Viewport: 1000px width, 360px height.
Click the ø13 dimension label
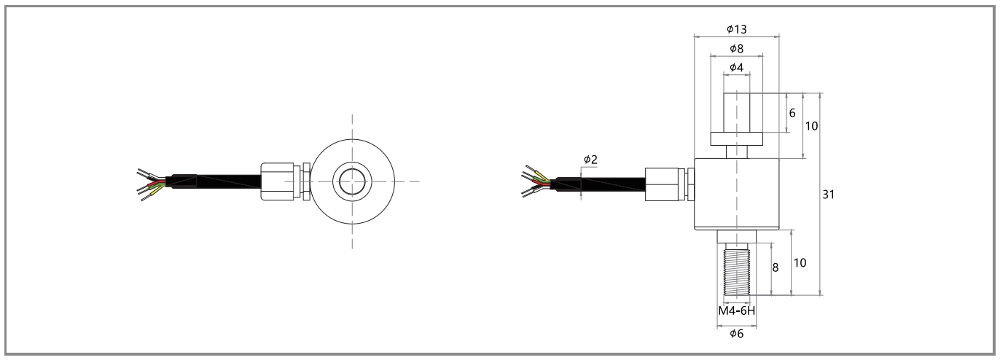pyautogui.click(x=736, y=29)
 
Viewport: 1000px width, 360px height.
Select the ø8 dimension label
pyautogui.click(x=736, y=49)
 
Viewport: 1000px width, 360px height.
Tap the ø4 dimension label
pyautogui.click(x=736, y=67)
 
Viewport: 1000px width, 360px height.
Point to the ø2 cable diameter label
pyautogui.click(x=590, y=160)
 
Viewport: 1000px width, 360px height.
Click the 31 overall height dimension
pyautogui.click(x=828, y=195)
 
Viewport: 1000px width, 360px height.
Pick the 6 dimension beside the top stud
pyautogui.click(x=792, y=113)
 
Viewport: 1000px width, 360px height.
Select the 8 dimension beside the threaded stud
pyautogui.click(x=775, y=267)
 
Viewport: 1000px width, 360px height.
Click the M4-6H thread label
pyautogui.click(x=736, y=310)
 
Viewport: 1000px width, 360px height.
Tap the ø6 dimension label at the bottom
pyautogui.click(x=736, y=333)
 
